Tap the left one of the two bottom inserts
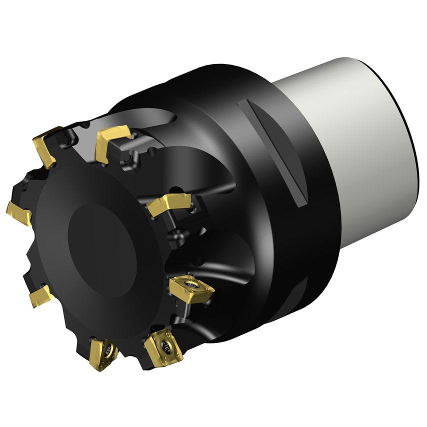103,353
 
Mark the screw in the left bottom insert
106,349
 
